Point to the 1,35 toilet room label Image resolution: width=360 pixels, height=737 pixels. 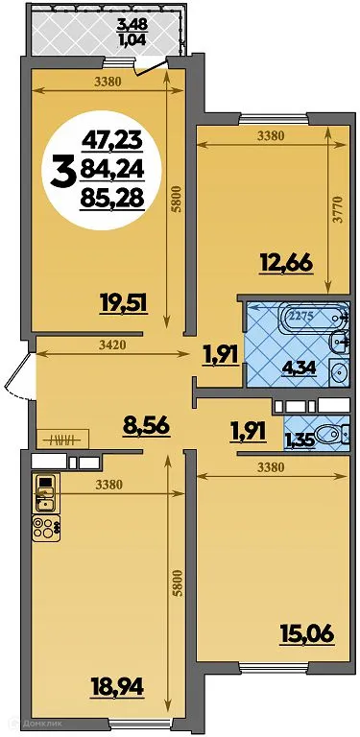pos(299,440)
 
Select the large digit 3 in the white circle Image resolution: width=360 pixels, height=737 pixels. pos(65,175)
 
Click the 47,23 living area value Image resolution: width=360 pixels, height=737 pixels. pos(111,140)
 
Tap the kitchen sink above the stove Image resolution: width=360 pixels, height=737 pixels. pos(44,495)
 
